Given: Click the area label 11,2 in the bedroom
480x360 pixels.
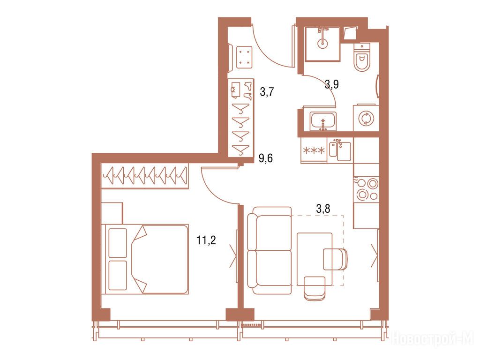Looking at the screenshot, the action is [206, 240].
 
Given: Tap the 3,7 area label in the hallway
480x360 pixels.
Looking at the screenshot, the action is [267, 91].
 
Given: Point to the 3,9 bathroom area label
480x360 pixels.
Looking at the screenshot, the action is [331, 84].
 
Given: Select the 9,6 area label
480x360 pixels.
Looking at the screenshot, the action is [265, 158].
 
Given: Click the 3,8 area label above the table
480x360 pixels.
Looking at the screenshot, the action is [323, 209].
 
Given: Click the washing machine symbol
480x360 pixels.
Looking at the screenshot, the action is [366, 118].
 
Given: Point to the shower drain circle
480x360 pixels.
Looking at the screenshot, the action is [322, 44].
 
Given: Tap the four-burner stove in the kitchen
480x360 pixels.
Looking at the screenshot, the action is [367, 190].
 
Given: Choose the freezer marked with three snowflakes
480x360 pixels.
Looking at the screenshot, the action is [314, 150].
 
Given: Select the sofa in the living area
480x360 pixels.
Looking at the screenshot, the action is [270, 251].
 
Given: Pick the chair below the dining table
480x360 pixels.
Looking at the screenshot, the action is [315, 288].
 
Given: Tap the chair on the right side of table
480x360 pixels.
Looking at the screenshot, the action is [336, 259].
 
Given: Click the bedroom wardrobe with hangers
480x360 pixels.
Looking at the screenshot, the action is [144, 176].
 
